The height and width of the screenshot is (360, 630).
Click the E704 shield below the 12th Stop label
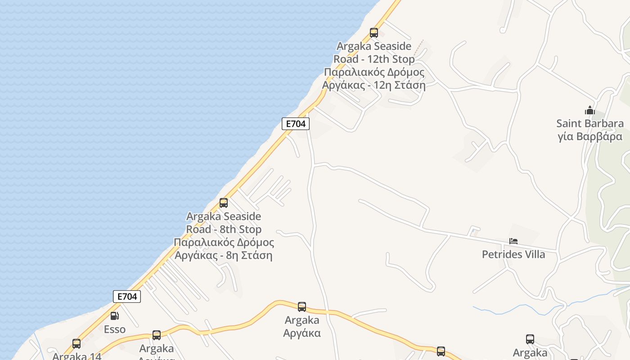(296, 124)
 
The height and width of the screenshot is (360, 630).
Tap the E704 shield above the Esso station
(127, 296)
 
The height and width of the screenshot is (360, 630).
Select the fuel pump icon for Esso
(115, 316)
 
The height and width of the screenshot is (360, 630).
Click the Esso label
(115, 329)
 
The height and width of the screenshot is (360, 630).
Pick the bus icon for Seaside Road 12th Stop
(374, 32)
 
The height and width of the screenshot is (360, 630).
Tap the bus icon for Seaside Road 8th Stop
(224, 202)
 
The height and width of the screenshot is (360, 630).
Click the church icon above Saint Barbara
(590, 110)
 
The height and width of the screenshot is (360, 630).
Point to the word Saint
(570, 123)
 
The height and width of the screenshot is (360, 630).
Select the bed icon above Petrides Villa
(513, 241)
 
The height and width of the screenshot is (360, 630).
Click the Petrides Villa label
(513, 254)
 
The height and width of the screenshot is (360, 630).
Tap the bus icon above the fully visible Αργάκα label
(302, 307)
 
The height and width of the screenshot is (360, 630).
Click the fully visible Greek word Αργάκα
(302, 333)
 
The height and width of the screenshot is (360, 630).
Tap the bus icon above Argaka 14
(76, 344)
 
